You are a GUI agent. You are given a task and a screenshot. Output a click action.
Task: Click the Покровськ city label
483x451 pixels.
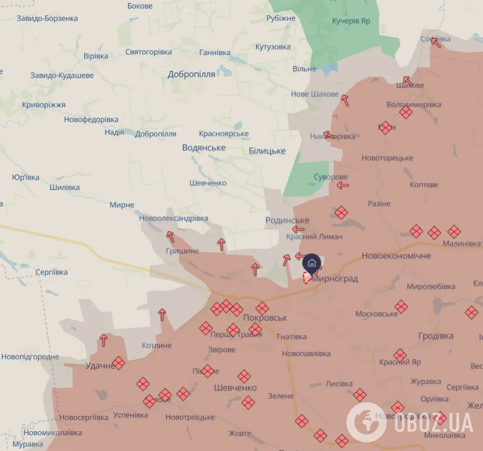(x=265, y=317)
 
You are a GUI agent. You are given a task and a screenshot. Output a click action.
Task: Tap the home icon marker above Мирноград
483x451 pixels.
(x=312, y=263)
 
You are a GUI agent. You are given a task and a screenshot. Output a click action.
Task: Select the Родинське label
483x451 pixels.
(x=287, y=220)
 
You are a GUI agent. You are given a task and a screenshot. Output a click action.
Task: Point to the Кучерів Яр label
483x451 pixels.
(x=351, y=21)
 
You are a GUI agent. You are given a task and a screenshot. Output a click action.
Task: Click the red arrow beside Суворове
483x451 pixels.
(x=343, y=186)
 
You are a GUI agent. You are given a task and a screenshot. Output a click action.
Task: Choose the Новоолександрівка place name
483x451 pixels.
(x=173, y=218)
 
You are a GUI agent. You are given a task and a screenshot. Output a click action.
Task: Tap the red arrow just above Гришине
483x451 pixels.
(x=170, y=236)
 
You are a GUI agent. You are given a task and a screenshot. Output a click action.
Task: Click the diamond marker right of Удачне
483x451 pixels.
(x=119, y=363)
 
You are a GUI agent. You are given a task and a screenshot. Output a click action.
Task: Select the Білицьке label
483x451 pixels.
(x=267, y=151)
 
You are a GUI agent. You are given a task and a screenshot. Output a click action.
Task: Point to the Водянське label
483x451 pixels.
(x=204, y=147)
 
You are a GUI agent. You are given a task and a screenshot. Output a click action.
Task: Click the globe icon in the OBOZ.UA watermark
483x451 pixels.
(x=366, y=422)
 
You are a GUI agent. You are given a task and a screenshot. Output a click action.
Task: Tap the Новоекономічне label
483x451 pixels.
(x=396, y=255)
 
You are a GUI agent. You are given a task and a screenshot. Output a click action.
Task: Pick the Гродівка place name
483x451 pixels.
(x=436, y=336)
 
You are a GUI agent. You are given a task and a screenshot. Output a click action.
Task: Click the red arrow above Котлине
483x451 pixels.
(x=162, y=314)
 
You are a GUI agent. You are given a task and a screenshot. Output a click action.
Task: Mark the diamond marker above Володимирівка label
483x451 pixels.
(x=405, y=112)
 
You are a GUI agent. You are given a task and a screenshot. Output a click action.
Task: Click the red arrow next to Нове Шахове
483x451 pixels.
(x=345, y=100)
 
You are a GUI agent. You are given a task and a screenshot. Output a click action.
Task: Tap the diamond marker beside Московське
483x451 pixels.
(x=401, y=306)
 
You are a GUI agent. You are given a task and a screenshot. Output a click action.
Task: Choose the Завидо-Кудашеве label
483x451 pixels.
(x=62, y=75)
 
